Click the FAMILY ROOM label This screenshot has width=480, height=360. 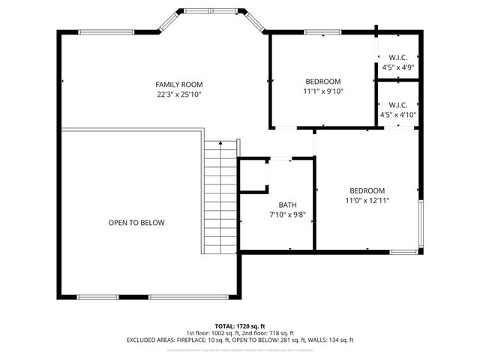[x=178, y=85]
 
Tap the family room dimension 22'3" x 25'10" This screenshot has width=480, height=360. [x=178, y=94]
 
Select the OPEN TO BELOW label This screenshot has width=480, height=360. [x=136, y=223]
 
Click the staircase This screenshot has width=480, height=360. [x=220, y=199]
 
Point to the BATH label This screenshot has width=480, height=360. [x=287, y=205]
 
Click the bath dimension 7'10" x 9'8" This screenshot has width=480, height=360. [x=287, y=214]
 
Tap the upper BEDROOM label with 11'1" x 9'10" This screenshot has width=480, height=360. [x=322, y=82]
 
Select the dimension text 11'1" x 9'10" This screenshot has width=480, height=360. [x=322, y=91]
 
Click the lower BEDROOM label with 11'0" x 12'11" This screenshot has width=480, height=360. [x=367, y=190]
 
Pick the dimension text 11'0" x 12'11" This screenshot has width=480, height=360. [x=367, y=200]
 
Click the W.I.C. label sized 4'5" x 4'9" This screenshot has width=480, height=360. [x=397, y=58]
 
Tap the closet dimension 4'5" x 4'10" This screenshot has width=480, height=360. [x=398, y=115]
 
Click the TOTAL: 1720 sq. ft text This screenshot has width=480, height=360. [x=239, y=326]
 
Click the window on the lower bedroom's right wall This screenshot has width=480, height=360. [x=421, y=226]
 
